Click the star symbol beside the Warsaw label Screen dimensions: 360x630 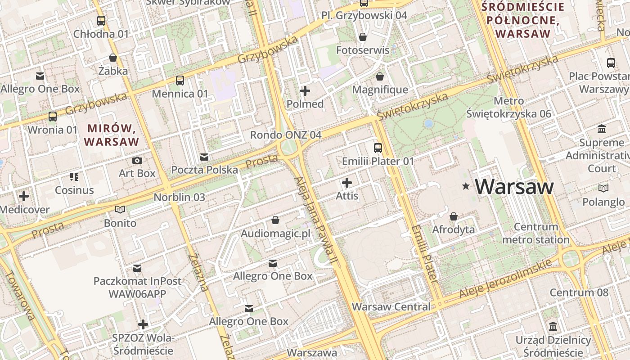[x=466, y=186]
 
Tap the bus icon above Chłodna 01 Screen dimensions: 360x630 [x=101, y=20]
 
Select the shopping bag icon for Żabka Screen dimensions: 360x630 [x=113, y=58]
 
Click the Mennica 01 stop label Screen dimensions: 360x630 [x=180, y=94]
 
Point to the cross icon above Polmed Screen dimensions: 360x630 [x=305, y=91]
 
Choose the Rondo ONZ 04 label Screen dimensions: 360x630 [x=286, y=135]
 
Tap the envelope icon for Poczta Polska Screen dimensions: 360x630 [x=204, y=157]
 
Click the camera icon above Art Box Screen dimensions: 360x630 [x=137, y=160]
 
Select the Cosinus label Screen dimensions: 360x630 [x=74, y=190]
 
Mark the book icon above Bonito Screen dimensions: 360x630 [x=120, y=209]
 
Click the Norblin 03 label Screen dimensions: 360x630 [x=179, y=197]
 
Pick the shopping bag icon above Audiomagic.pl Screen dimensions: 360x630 [x=275, y=220]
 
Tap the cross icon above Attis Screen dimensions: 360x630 [x=347, y=183]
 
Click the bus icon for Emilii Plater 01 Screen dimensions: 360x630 [x=378, y=148]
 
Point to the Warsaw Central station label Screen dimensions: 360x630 [x=391, y=307]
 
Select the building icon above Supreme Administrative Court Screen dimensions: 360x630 [x=602, y=130]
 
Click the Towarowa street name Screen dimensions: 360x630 [x=20, y=295]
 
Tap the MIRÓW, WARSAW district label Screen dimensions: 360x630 [x=112, y=135]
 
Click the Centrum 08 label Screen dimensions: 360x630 [x=579, y=292]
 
